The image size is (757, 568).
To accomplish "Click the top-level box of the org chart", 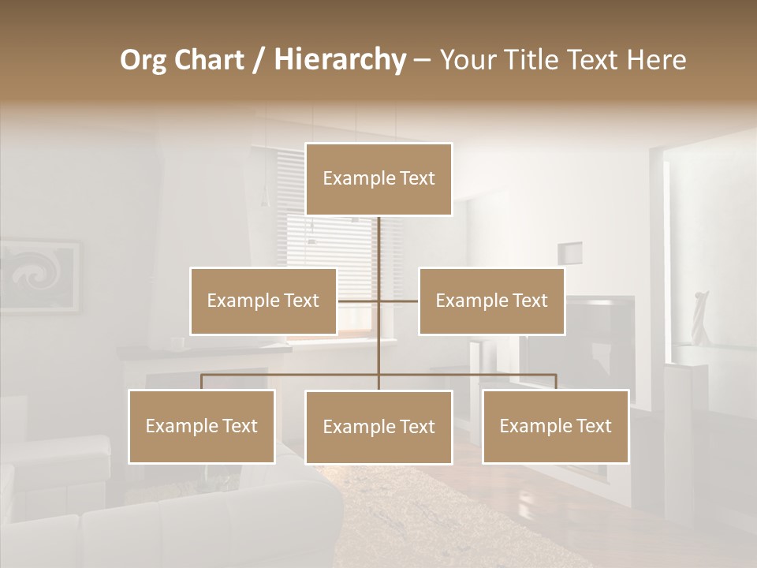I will [x=378, y=179].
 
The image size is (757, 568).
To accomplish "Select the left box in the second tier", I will [x=263, y=301].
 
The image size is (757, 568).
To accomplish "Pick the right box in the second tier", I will [x=491, y=301].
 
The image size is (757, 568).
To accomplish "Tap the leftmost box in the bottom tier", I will [x=202, y=426].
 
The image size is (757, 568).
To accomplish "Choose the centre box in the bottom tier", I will [x=378, y=427].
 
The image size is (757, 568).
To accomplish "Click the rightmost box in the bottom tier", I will [x=555, y=426].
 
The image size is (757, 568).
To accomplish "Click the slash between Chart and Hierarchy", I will [x=259, y=60].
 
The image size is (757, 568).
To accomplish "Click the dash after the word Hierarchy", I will [x=422, y=61].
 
